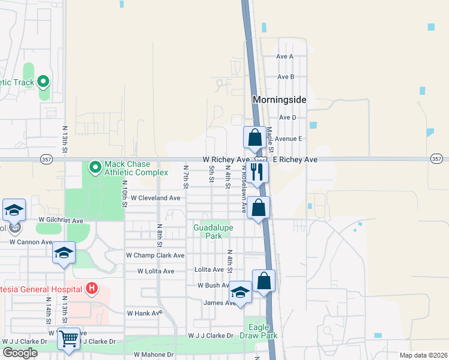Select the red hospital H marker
tap(91, 289)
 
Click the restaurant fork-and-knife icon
tap(258, 172)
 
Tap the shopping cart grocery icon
tap(68, 340)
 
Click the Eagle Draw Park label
tap(263, 332)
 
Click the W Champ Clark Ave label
tap(155, 255)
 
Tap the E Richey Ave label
tap(295, 160)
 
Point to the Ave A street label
tap(285, 56)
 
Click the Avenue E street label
tap(288, 138)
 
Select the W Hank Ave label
tap(145, 313)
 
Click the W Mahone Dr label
tap(153, 355)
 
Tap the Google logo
tap(20, 353)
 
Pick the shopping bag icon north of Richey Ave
tap(255, 137)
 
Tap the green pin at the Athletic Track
tap(43, 81)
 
